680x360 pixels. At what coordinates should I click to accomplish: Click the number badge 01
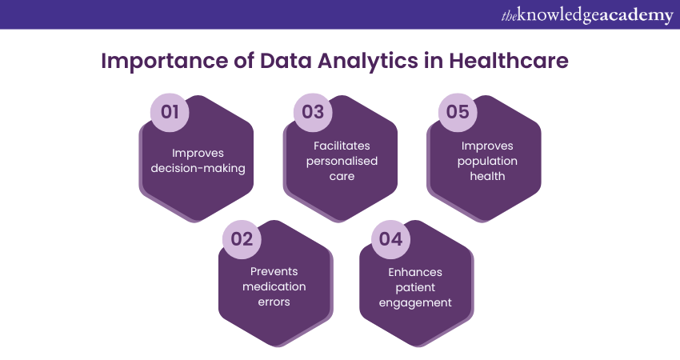click(170, 112)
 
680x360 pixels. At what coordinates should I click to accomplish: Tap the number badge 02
click(242, 239)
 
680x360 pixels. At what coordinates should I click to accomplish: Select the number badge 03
click(313, 112)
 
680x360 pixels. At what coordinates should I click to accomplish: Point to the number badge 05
click(457, 112)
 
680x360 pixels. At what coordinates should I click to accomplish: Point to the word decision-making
click(198, 169)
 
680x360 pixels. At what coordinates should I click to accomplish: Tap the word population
click(487, 161)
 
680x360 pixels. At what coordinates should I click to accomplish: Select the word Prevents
click(274, 272)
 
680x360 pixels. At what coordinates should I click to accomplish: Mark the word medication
click(274, 287)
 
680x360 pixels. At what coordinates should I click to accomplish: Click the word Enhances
click(415, 272)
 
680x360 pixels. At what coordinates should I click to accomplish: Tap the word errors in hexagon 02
click(274, 302)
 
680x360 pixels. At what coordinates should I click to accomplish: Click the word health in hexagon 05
click(487, 176)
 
